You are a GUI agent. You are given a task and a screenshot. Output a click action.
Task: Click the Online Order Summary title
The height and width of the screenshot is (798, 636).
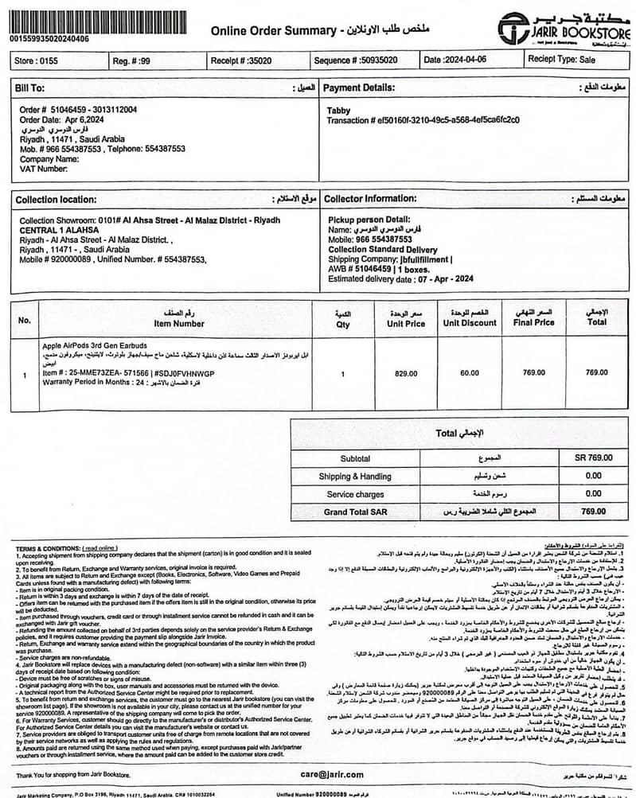coord(273,31)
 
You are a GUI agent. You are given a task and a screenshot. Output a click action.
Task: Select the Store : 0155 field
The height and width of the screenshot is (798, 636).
coord(37,60)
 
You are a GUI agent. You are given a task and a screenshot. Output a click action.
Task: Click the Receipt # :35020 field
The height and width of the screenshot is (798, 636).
coord(241,60)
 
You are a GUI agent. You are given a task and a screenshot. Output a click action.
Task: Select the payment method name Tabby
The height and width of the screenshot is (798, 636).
coord(339,111)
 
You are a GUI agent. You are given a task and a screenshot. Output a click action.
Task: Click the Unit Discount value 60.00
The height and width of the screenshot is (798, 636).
coord(470,372)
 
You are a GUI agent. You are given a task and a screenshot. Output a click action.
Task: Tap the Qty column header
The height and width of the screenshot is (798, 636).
coord(342,324)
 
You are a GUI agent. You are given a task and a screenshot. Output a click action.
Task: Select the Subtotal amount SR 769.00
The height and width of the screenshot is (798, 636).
coord(593,457)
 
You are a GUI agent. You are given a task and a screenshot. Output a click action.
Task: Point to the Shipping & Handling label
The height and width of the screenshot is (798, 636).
coord(355,476)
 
